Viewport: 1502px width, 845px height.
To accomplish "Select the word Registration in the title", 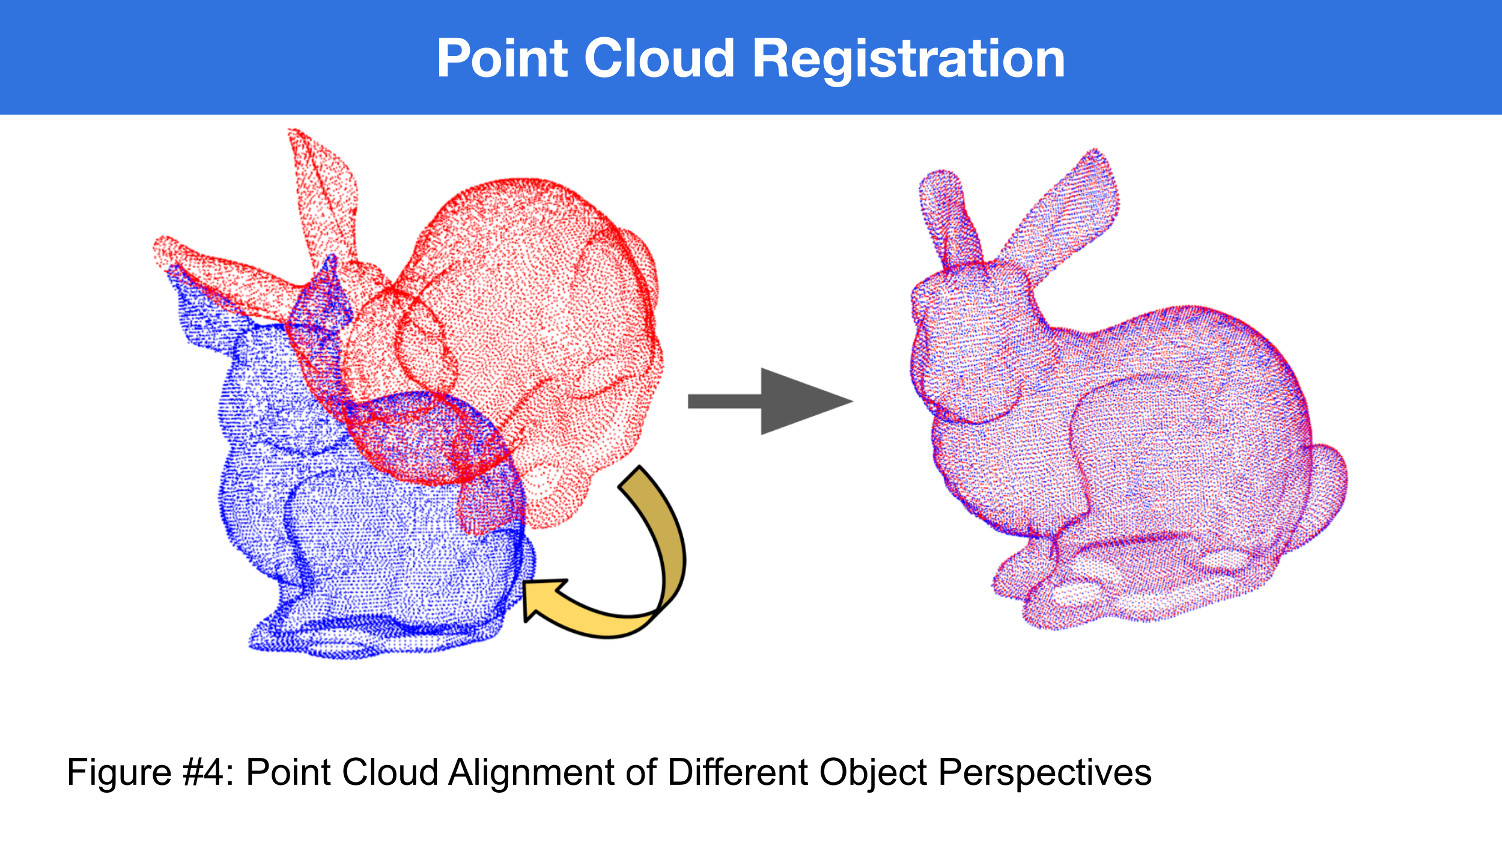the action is pos(908,60).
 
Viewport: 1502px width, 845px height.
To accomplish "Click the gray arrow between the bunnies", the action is pos(771,401).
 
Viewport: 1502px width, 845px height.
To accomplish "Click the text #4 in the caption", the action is pos(202,772).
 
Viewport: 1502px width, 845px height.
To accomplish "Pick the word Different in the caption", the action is pos(738,772).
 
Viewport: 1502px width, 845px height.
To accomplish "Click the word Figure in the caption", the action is pos(120,772).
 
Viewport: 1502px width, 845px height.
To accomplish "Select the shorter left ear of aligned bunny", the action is pos(949,219).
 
